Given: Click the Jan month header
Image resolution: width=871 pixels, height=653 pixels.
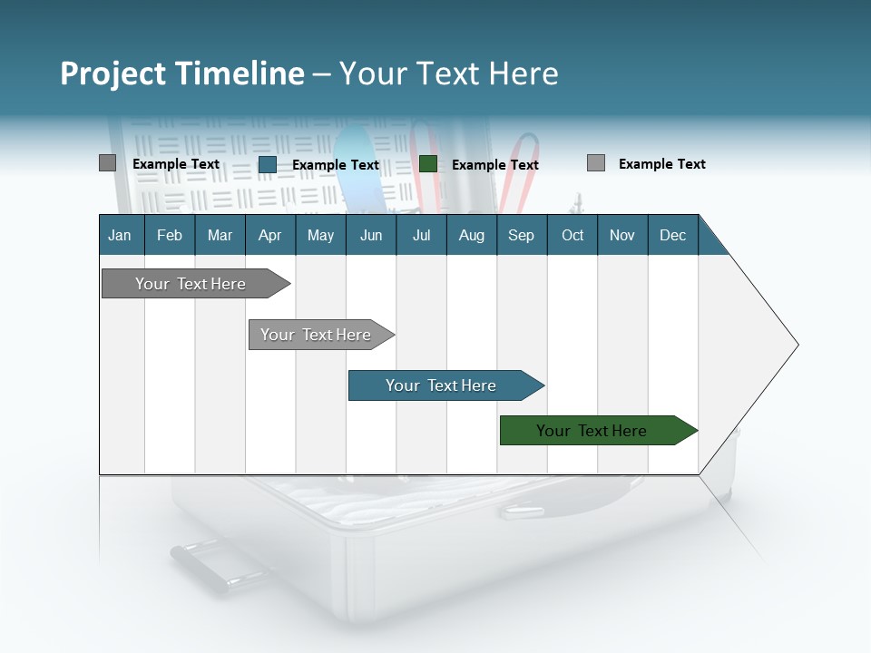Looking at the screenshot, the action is coord(120,235).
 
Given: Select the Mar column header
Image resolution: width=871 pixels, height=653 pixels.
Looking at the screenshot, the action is coord(220,235).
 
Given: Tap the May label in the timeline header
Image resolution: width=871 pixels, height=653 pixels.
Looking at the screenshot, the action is coord(320,235).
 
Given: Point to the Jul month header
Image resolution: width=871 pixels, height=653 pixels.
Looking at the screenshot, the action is coord(421,235).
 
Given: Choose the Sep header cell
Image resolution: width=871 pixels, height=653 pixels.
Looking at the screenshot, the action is coord(521,235).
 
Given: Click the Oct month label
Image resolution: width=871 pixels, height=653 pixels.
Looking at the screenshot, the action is coord(573,235).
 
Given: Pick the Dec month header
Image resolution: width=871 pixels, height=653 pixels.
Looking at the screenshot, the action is coord(672,235).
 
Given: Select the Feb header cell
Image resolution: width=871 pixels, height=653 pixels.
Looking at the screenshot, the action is coord(170,235).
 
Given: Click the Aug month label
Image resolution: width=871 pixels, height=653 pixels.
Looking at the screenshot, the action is coord(471,235).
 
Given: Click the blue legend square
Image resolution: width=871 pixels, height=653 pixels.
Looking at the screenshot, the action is coord(267,164).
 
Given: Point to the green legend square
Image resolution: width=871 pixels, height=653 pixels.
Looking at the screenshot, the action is coord(428,164).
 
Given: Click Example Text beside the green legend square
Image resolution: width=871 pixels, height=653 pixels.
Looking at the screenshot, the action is coord(495,165).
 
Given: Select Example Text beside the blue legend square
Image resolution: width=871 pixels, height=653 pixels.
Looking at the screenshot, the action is coord(336,165).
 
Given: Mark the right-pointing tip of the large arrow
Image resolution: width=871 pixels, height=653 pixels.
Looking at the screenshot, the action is coord(796,345).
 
